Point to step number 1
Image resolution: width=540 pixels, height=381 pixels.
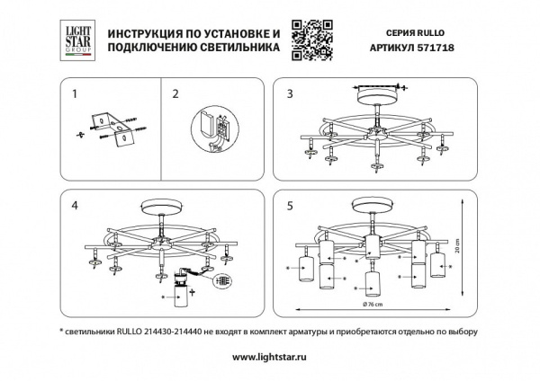click(75, 93)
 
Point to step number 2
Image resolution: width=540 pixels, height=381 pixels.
click(175, 93)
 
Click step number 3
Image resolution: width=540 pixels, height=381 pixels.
click(289, 93)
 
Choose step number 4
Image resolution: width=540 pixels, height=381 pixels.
click(75, 205)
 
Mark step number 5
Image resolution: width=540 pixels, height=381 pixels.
click(289, 205)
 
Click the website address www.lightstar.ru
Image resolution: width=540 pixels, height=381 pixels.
click(270, 357)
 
